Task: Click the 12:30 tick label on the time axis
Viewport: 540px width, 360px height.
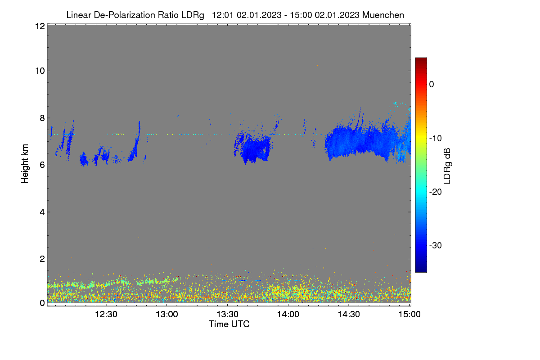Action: point(106,315)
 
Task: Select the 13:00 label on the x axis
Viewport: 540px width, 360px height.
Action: point(167,315)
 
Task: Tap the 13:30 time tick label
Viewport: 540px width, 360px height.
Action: point(227,315)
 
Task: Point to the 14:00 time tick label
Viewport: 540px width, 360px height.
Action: point(288,315)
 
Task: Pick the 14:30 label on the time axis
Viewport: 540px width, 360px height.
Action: point(349,315)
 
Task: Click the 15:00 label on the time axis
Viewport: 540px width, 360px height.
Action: point(409,315)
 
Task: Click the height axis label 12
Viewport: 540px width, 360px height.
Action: point(40,26)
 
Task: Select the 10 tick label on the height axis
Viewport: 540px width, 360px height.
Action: point(40,71)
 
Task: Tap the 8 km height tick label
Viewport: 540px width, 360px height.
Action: point(42,118)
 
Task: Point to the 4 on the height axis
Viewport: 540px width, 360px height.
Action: point(42,212)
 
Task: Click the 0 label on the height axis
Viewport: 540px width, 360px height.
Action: point(42,303)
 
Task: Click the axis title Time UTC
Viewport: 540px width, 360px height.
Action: point(229,324)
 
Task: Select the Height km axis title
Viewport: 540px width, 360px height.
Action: point(25,164)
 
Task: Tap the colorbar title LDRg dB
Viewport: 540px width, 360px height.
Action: point(447,166)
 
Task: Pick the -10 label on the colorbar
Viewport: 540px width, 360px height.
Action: point(436,139)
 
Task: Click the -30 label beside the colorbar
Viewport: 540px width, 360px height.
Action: point(436,245)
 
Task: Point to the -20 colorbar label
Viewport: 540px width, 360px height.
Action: point(436,192)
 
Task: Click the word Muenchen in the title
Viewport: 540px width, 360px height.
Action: point(383,15)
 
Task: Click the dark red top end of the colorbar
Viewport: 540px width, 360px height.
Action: point(421,59)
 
